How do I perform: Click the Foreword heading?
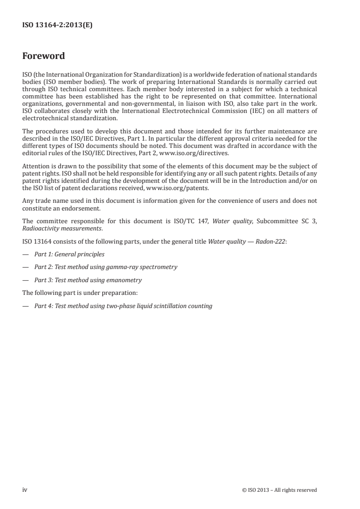click(44, 56)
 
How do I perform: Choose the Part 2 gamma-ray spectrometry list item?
click(106, 267)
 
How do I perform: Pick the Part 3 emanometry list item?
click(88, 280)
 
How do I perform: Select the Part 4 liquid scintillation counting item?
click(123, 306)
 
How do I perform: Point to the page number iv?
click(25, 489)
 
